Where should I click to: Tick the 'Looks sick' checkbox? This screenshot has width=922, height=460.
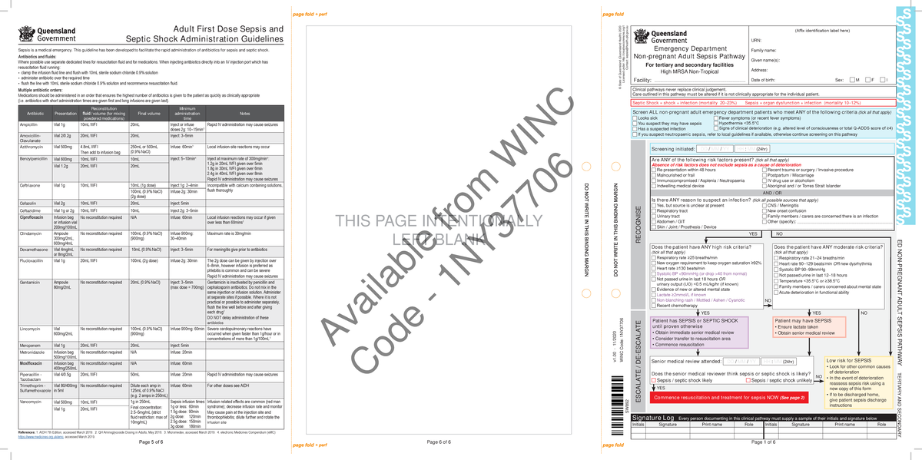pos(635,118)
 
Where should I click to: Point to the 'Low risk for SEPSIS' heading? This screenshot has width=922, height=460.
pos(848,361)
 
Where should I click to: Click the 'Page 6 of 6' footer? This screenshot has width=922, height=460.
pos(445,442)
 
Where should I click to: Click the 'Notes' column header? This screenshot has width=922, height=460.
pos(245,114)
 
